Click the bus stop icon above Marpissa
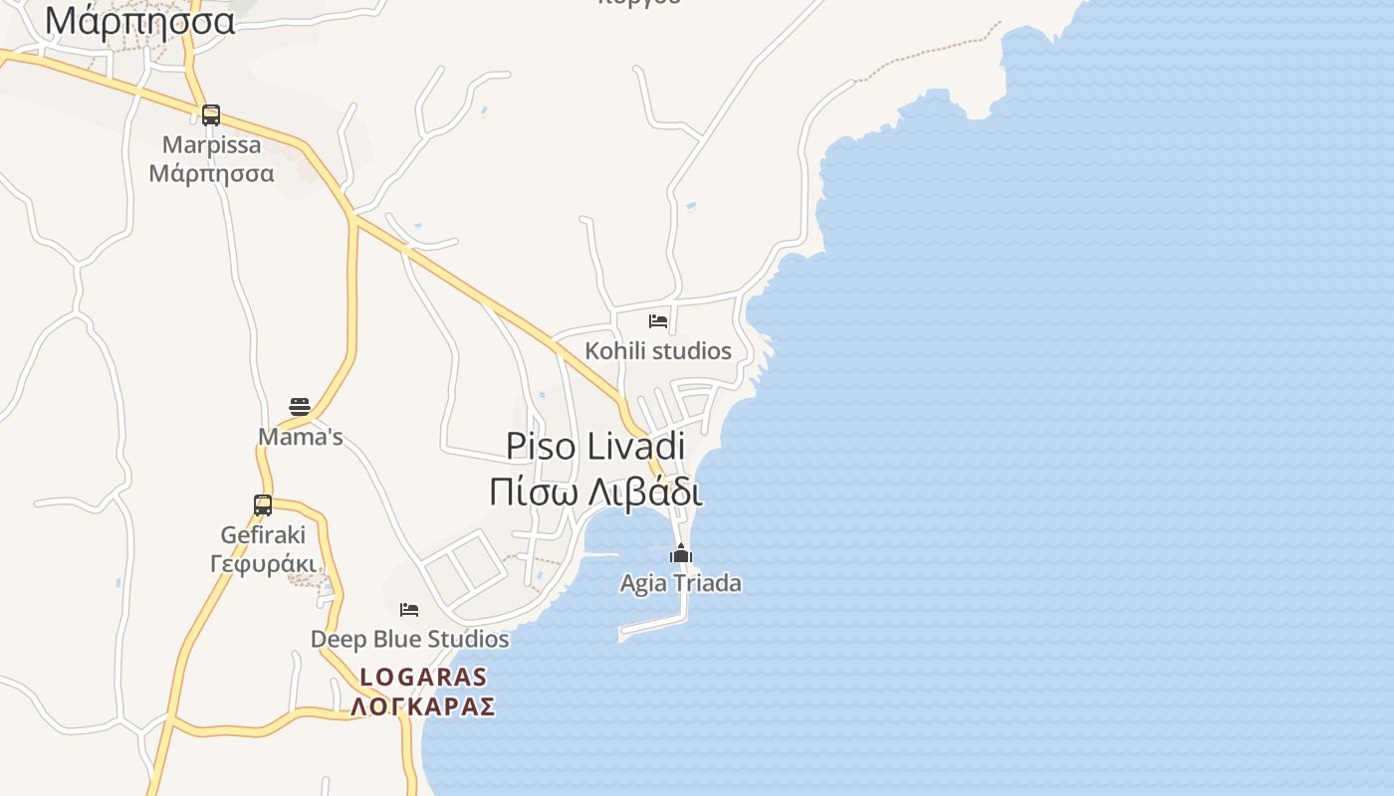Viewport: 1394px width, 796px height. (211, 115)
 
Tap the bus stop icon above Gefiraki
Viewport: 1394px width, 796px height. (263, 505)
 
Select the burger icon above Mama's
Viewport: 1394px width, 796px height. (300, 406)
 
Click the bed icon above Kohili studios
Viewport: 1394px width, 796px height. (658, 321)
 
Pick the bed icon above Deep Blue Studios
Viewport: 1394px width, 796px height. (409, 610)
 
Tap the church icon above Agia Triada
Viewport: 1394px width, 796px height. (681, 554)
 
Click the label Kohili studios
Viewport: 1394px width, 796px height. (658, 351)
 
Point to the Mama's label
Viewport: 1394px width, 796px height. (300, 437)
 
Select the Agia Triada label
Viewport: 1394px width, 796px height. (681, 583)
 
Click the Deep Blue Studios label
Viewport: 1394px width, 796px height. (409, 639)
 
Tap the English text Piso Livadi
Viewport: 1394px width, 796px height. (595, 446)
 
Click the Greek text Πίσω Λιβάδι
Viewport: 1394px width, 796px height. (595, 493)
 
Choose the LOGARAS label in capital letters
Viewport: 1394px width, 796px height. (423, 678)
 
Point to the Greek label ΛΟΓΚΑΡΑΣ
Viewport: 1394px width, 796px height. (423, 707)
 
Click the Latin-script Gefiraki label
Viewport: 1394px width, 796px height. (263, 535)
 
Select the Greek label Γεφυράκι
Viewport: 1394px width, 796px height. (263, 563)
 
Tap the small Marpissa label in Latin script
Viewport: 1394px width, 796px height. (211, 145)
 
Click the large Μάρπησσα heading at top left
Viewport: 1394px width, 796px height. (139, 20)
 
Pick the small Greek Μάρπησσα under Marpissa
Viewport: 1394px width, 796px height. (211, 173)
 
